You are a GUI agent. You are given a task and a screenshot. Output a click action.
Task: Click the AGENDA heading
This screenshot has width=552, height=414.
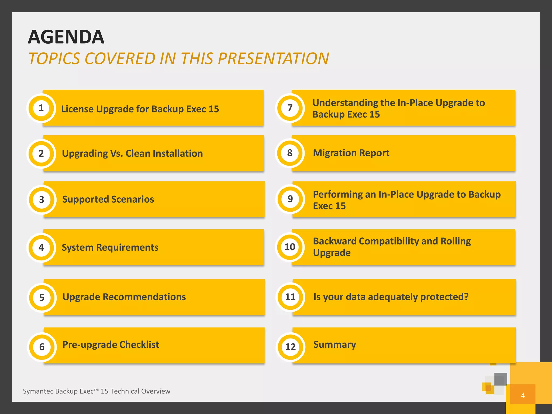(x=66, y=37)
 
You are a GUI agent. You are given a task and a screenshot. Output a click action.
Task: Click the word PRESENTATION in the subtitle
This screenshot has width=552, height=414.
(x=273, y=58)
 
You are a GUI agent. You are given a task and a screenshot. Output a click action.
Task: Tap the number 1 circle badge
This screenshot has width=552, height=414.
(x=41, y=108)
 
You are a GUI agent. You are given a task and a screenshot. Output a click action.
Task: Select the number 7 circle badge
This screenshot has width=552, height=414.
(x=290, y=108)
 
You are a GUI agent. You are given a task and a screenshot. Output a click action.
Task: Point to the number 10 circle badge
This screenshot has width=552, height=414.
(x=290, y=247)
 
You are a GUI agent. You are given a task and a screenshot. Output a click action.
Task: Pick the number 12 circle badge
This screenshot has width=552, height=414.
(x=291, y=347)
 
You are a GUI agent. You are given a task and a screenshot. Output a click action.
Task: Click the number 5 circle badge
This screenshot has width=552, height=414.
(x=42, y=297)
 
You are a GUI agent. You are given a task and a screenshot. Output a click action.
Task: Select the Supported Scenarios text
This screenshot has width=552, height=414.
(x=108, y=199)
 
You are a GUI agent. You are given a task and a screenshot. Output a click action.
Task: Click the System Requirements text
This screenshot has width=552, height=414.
(x=110, y=247)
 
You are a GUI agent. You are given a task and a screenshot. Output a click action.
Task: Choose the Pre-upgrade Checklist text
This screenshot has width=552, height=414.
(x=111, y=345)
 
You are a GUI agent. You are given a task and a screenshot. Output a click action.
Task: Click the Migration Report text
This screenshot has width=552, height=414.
(x=351, y=153)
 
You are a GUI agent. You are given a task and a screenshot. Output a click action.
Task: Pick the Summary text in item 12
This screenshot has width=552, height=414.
(x=334, y=344)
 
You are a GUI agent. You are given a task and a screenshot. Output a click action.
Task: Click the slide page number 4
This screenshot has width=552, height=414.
(x=523, y=395)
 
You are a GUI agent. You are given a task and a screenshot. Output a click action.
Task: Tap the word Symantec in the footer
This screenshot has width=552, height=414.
(x=37, y=391)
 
